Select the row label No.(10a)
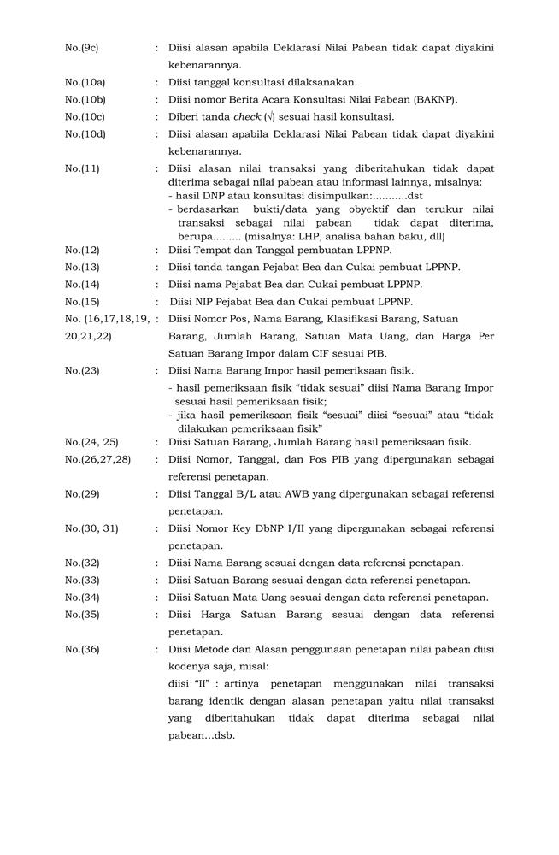(x=84, y=82)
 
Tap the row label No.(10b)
(x=84, y=99)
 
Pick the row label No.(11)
(x=81, y=168)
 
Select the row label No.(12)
(x=81, y=250)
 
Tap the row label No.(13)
(x=81, y=267)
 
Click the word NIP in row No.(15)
(x=209, y=301)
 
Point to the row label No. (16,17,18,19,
(x=107, y=318)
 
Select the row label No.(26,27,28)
(x=97, y=459)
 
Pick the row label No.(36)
(x=81, y=649)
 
